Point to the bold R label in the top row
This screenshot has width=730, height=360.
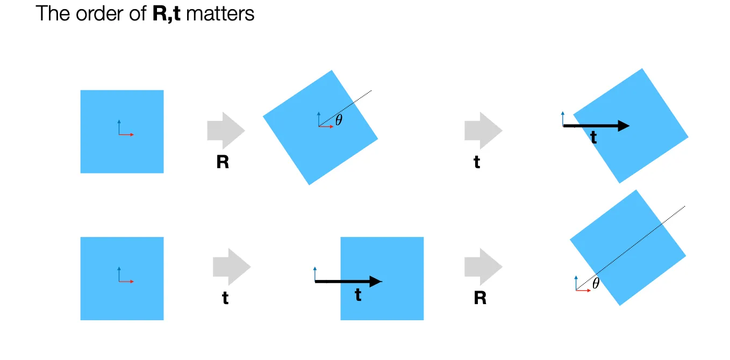(x=223, y=162)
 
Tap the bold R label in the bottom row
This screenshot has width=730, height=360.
(x=480, y=298)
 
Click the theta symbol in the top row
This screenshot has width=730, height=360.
(x=339, y=120)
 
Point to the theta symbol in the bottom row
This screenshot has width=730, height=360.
(x=596, y=284)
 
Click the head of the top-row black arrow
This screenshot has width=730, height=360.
(x=623, y=126)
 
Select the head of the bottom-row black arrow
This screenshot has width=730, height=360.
(x=376, y=281)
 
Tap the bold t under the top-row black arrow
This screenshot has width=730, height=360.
(x=593, y=138)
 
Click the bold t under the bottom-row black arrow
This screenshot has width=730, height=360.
(x=358, y=294)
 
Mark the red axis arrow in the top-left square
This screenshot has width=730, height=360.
(x=126, y=134)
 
